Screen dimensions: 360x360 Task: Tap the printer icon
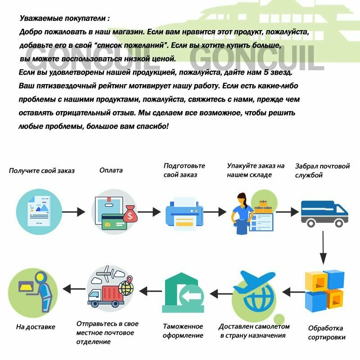(x=182, y=213)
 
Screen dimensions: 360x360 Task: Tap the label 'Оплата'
(x=111, y=171)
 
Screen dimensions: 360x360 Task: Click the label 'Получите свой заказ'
(x=42, y=171)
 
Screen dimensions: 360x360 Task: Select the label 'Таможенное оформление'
(x=183, y=331)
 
